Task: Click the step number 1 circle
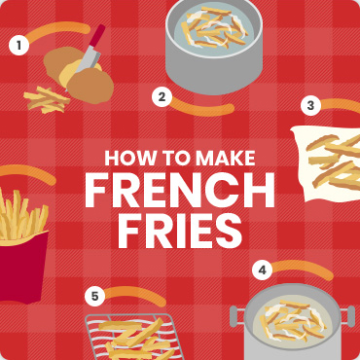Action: pyautogui.click(x=18, y=44)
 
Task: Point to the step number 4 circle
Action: pyautogui.click(x=261, y=270)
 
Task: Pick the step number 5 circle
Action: pyautogui.click(x=94, y=296)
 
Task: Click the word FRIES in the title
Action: pyautogui.click(x=179, y=232)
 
